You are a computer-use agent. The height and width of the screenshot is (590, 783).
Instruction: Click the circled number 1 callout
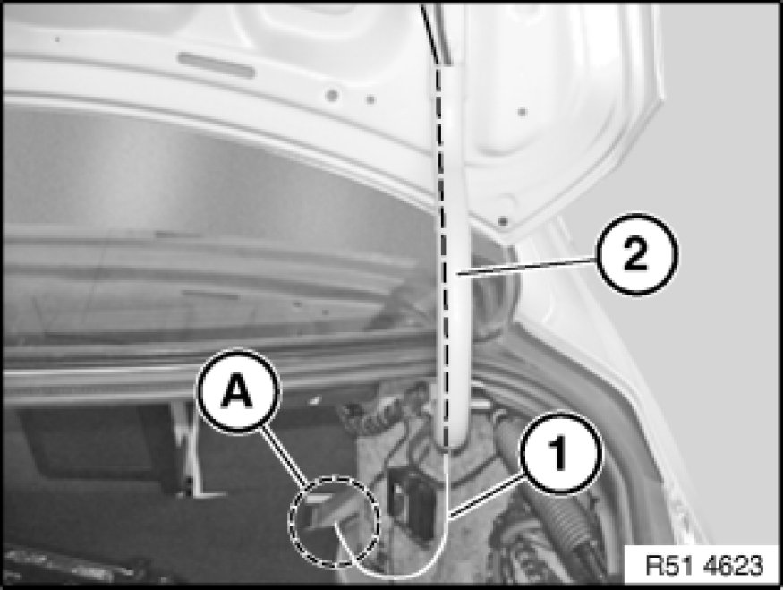pyautogui.click(x=561, y=454)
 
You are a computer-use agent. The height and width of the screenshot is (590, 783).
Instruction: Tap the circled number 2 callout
pyautogui.click(x=636, y=254)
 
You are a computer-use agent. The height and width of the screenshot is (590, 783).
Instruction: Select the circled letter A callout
pyautogui.click(x=238, y=391)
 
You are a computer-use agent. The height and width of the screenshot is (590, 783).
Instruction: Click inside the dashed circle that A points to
pyautogui.click(x=334, y=522)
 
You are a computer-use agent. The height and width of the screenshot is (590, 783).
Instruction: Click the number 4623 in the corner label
pyautogui.click(x=734, y=566)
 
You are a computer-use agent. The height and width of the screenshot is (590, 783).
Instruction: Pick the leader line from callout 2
pyautogui.click(x=527, y=265)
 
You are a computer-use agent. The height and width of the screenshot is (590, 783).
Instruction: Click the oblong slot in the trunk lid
pyautogui.click(x=216, y=65)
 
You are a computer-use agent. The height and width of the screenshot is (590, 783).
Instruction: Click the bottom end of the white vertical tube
pyautogui.click(x=450, y=440)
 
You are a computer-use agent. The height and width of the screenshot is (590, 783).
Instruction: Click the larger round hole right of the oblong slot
pyautogui.click(x=332, y=95)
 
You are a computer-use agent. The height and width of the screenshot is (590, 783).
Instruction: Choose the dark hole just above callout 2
pyautogui.click(x=503, y=220)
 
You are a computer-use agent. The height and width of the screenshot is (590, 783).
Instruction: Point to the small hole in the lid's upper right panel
pyautogui.click(x=523, y=111)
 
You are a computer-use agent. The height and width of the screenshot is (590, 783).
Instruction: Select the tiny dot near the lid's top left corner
pyautogui.click(x=57, y=39)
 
